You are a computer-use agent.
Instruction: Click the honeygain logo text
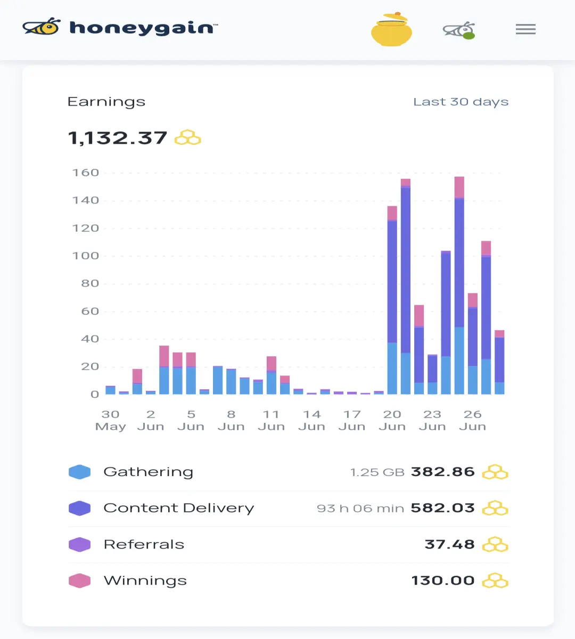tap(143, 28)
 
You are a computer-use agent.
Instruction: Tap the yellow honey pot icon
tap(391, 29)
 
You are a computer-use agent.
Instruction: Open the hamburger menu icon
tap(525, 29)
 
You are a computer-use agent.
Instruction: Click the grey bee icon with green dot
tap(459, 30)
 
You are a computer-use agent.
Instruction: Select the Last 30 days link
tap(461, 102)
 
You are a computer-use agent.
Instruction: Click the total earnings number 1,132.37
tap(118, 138)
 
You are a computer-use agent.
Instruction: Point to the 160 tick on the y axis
tap(86, 173)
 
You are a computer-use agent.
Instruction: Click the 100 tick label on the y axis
tap(86, 256)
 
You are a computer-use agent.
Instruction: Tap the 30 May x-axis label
tap(111, 420)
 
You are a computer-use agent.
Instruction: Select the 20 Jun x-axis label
tap(392, 420)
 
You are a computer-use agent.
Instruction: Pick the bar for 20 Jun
tap(392, 300)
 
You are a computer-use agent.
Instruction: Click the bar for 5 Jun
tap(191, 373)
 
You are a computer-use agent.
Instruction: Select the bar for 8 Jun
tap(231, 382)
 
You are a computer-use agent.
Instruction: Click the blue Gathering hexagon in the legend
tap(80, 472)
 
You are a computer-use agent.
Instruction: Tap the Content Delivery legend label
tap(179, 508)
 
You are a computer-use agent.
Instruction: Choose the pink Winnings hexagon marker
tap(80, 580)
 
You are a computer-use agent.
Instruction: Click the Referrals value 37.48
tap(449, 544)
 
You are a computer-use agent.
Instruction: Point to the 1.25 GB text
tap(377, 472)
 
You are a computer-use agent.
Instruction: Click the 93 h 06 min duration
tap(360, 509)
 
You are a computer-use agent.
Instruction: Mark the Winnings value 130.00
tap(443, 580)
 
